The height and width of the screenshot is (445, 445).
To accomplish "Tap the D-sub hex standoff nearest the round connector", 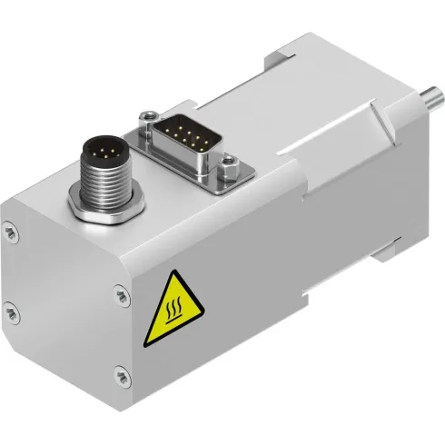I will click(144, 115).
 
